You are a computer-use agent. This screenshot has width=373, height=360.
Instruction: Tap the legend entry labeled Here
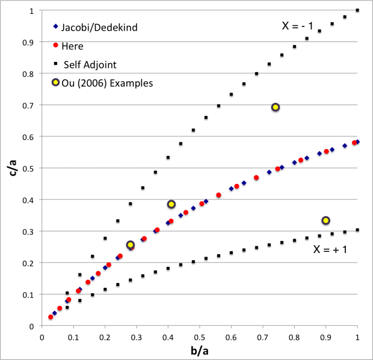tap(72, 46)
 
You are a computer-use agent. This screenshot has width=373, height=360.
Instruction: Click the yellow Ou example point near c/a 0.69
tap(276, 107)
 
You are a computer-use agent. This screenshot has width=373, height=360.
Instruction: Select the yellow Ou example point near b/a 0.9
tap(326, 221)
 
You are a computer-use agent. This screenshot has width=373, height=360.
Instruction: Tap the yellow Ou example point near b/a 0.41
tap(171, 204)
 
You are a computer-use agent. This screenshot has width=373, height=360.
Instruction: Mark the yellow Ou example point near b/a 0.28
tap(130, 245)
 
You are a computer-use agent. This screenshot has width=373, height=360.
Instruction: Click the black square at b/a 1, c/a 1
tap(358, 10)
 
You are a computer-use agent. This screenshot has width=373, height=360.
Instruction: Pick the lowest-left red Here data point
tap(51, 317)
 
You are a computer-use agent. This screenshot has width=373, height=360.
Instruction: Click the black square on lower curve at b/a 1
tap(358, 230)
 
